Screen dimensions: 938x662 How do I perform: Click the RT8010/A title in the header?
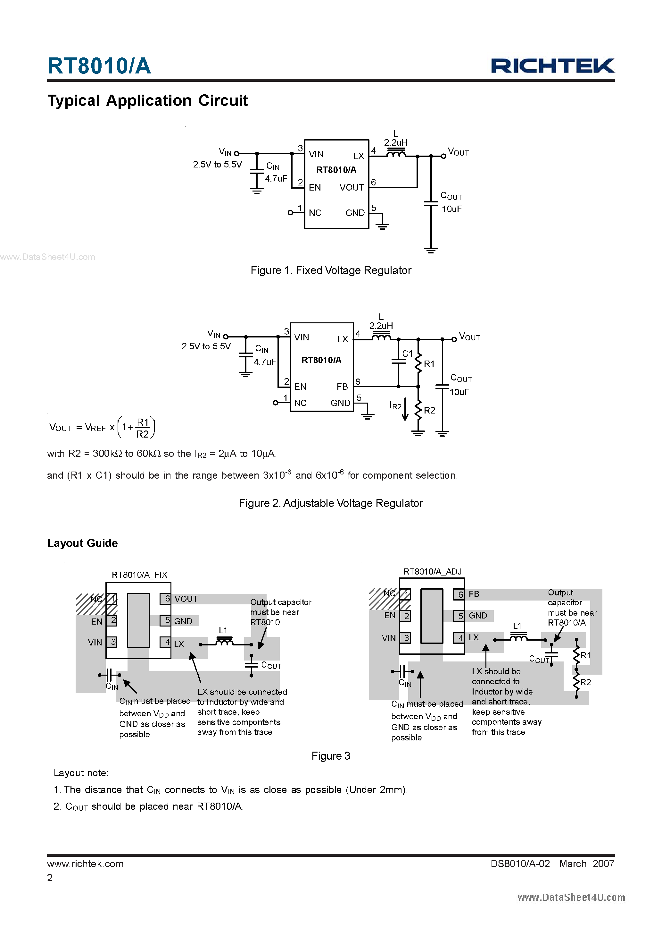(x=99, y=66)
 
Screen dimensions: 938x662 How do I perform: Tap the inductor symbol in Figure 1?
(x=395, y=154)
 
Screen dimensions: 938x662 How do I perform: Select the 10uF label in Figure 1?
(x=451, y=209)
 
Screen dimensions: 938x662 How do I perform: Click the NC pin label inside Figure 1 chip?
(x=315, y=213)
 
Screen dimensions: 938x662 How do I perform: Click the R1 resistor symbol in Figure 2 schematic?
(x=418, y=363)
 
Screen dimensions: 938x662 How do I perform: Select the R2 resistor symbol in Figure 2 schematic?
(x=418, y=410)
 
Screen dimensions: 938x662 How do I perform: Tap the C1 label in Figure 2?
(x=407, y=354)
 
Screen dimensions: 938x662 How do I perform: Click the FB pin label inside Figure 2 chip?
(x=342, y=387)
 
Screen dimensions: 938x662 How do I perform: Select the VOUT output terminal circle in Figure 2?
(x=454, y=339)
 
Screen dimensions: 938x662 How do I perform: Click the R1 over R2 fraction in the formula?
(x=143, y=428)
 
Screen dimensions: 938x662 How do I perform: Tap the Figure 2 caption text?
(x=331, y=503)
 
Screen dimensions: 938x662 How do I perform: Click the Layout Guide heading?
(x=82, y=543)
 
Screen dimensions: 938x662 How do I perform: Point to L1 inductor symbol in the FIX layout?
(x=224, y=643)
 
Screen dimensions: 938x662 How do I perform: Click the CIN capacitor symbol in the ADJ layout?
(x=402, y=671)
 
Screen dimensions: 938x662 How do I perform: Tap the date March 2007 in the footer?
(x=586, y=864)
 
